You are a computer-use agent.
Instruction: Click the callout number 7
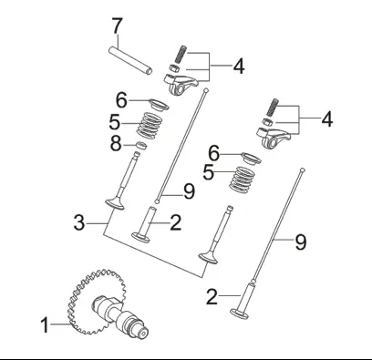(x=117, y=26)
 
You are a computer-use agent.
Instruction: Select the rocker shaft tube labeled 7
(x=130, y=60)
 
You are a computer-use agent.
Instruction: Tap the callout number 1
(x=45, y=324)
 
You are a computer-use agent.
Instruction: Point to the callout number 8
(x=115, y=144)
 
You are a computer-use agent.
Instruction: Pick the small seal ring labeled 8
(x=141, y=146)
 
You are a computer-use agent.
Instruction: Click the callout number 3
(x=79, y=222)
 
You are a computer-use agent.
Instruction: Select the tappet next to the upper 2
(x=143, y=225)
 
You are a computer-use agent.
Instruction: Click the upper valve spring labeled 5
(x=149, y=126)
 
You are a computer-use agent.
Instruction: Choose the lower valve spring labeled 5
(x=242, y=180)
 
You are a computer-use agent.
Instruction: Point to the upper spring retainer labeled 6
(x=159, y=105)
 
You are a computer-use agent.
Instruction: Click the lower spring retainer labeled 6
(x=251, y=159)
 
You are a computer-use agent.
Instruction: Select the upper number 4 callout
(x=239, y=67)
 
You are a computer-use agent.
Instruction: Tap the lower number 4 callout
(x=327, y=118)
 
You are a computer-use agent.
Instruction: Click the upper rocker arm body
(x=180, y=85)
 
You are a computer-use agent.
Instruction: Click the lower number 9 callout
(x=301, y=242)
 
